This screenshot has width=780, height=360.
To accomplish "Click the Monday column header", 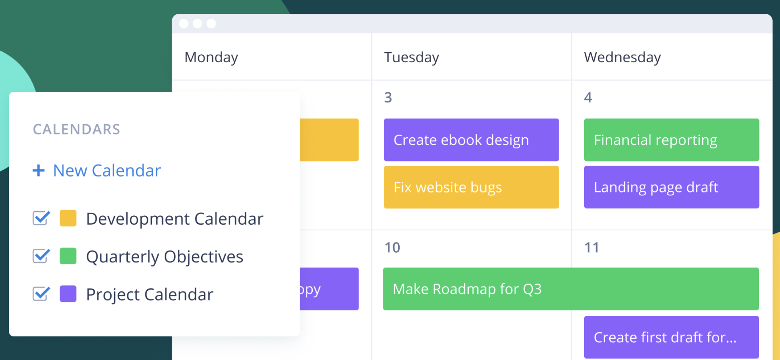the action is [211, 57].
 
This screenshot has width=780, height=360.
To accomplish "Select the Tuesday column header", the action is [412, 57].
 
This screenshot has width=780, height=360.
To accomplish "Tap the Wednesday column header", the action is [622, 57].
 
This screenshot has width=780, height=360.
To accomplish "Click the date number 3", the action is [388, 98].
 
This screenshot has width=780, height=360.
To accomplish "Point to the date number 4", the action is [588, 98].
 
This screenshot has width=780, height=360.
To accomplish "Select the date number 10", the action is [392, 248].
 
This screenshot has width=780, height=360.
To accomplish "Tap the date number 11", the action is [592, 248].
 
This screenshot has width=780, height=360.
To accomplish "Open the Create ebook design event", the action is [471, 140].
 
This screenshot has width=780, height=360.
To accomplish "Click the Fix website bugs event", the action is [471, 187].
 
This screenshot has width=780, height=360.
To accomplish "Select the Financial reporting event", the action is [672, 140].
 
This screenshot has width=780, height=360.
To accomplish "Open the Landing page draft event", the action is [672, 187].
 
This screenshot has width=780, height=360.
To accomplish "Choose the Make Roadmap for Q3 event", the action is [571, 289].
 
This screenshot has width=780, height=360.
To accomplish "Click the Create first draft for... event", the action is [672, 337].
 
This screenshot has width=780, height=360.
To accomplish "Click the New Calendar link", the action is [107, 171].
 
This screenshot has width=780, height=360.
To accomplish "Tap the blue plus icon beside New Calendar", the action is [38, 170].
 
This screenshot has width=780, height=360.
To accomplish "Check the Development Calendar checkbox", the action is [41, 218].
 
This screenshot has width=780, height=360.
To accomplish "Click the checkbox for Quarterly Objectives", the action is [41, 256].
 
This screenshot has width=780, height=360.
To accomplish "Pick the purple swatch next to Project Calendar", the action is [68, 294].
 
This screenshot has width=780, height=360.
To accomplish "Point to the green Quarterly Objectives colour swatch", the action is [68, 256].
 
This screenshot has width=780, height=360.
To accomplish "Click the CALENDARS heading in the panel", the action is [77, 130].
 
